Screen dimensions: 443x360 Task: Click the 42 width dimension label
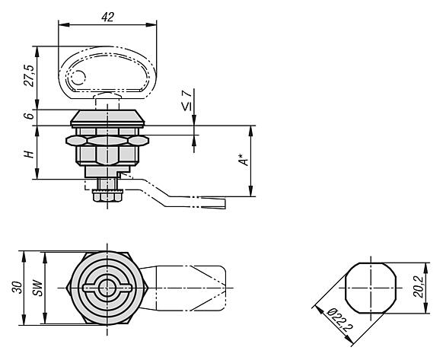pyautogui.click(x=107, y=18)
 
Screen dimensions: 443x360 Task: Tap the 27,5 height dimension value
pyautogui.click(x=29, y=75)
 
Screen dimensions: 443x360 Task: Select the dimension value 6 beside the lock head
pyautogui.click(x=29, y=116)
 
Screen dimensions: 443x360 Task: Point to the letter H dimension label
pyautogui.click(x=29, y=155)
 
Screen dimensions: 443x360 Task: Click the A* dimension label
pyautogui.click(x=244, y=160)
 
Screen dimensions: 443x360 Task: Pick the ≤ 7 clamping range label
pyautogui.click(x=186, y=101)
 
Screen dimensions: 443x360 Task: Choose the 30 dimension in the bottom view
pyautogui.click(x=18, y=288)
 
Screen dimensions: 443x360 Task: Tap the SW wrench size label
pyautogui.click(x=37, y=288)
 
